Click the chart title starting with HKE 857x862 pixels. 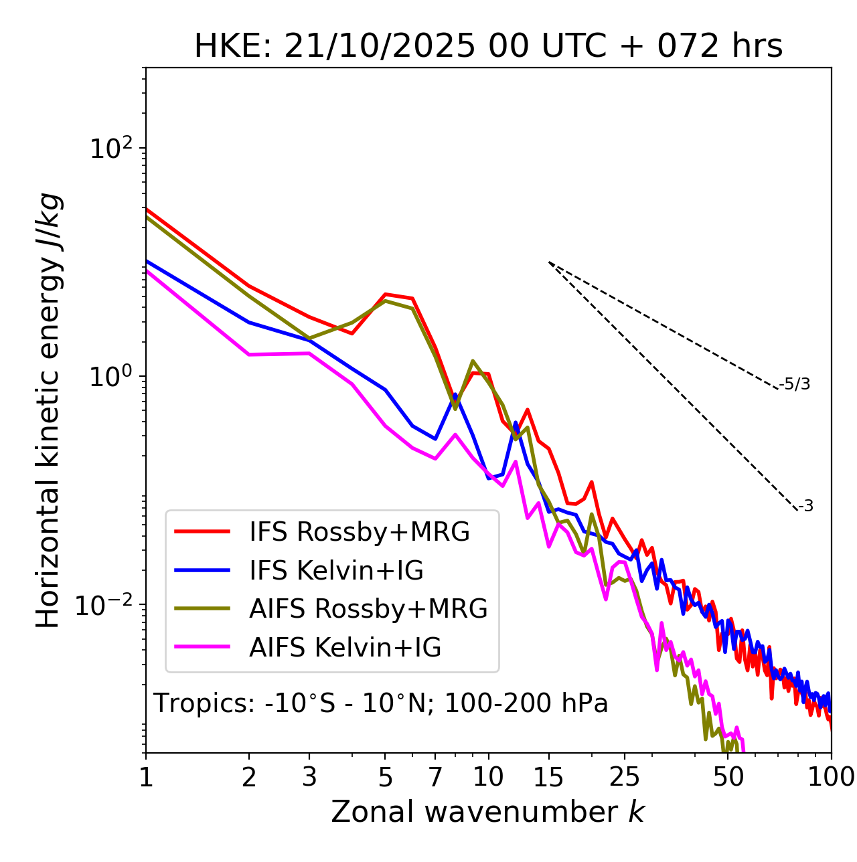tap(488, 47)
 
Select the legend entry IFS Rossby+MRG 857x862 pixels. tap(359, 532)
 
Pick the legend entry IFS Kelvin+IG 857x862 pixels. tap(336, 571)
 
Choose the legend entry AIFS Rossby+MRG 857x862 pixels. tap(368, 609)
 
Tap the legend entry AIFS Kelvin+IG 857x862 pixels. tap(345, 648)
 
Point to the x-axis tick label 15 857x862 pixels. tap(548, 777)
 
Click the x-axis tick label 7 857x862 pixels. tap(435, 777)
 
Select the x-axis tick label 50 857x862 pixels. tap(728, 777)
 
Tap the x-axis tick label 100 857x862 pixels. tap(831, 777)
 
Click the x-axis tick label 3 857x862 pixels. tap(309, 777)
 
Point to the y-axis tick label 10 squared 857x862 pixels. tap(110, 149)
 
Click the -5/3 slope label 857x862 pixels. tap(795, 384)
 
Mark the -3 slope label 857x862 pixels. tap(805, 507)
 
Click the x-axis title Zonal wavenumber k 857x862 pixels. tap(487, 812)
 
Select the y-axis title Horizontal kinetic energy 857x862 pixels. tap(48, 410)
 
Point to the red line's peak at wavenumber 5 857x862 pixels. tap(385, 294)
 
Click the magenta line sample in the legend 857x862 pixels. tap(202, 647)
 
